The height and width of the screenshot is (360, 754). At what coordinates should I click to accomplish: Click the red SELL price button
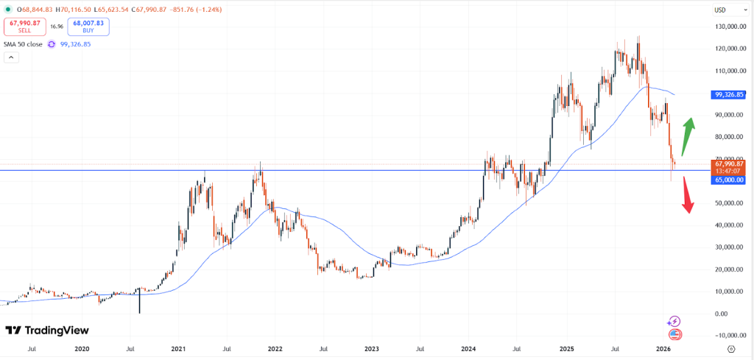(24, 27)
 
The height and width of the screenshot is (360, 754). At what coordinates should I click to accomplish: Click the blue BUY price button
(88, 27)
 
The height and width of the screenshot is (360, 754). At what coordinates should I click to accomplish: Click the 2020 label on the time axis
(82, 349)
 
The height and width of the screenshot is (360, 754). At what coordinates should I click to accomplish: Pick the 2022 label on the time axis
(275, 349)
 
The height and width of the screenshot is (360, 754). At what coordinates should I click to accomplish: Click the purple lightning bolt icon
(674, 321)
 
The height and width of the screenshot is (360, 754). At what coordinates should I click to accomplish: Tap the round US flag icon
(675, 334)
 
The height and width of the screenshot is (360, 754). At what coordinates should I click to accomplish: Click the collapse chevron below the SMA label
(11, 57)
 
